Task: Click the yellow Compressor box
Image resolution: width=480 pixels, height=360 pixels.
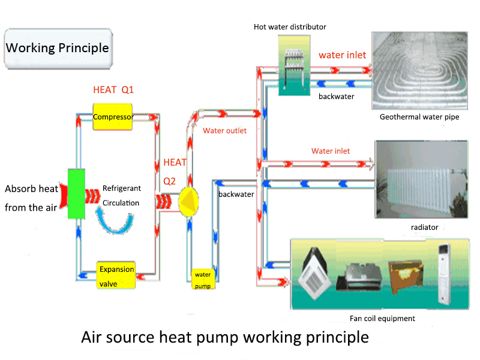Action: [x=113, y=116]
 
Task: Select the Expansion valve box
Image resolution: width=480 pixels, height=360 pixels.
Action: [x=117, y=276]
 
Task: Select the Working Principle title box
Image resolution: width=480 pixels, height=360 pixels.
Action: [x=58, y=48]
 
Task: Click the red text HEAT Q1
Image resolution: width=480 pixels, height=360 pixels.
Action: [x=113, y=90]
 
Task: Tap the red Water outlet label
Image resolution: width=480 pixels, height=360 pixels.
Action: [x=224, y=131]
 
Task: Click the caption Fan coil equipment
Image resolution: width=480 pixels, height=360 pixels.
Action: [x=382, y=319]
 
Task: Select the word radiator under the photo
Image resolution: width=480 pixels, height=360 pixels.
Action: [x=424, y=227]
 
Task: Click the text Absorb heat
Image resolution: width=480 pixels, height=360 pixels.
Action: [x=32, y=189]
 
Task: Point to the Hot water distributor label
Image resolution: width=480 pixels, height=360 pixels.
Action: [x=290, y=26]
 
